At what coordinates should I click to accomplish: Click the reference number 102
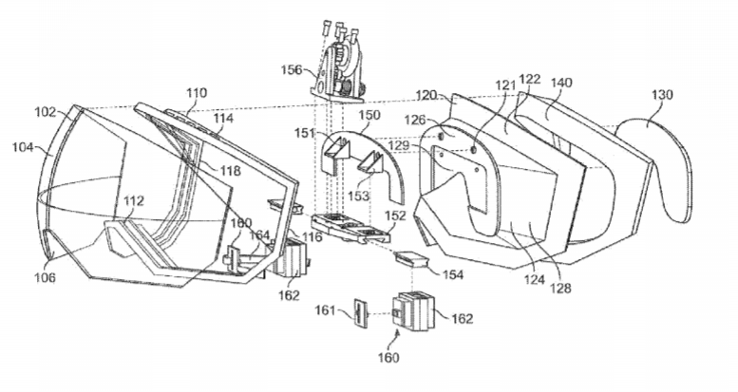point(46,112)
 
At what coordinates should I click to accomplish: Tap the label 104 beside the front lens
point(23,147)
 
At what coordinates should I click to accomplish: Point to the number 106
point(45,277)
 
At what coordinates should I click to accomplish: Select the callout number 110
point(196,93)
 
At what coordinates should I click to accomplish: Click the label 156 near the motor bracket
point(292,69)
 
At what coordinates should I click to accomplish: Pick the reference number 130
point(662,95)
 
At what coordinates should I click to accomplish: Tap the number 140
point(561,83)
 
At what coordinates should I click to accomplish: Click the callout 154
point(453,274)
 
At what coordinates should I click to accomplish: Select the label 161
point(325,310)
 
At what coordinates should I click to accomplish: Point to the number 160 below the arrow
point(388,358)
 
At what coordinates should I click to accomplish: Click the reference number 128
point(560,288)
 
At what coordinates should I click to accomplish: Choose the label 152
point(395,215)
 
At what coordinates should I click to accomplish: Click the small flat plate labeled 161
point(360,313)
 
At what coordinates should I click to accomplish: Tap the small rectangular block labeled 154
point(412,258)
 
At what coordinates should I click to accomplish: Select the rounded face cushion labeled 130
point(654,169)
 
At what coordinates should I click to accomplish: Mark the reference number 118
point(229,170)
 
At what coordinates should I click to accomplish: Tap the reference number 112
point(134,201)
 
